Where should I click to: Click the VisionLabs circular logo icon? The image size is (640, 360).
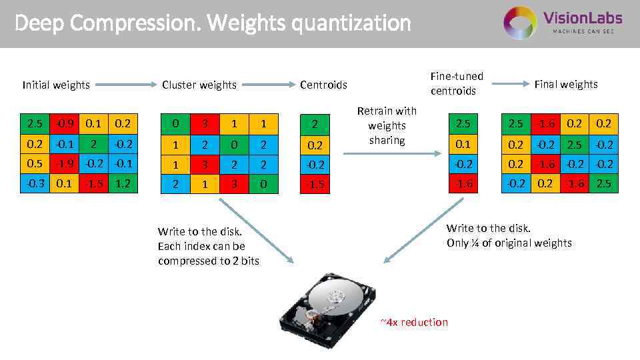click(x=520, y=23)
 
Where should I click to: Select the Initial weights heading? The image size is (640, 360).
click(x=56, y=85)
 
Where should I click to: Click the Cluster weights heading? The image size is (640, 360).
click(x=199, y=85)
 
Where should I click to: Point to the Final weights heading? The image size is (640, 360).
click(x=566, y=84)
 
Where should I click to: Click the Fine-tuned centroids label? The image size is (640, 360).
click(x=457, y=83)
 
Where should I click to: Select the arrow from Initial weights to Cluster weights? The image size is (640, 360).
click(x=126, y=85)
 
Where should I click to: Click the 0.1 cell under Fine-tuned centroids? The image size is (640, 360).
click(x=463, y=144)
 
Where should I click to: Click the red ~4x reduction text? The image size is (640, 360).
click(x=414, y=323)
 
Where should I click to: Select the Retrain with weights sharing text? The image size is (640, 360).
click(x=387, y=125)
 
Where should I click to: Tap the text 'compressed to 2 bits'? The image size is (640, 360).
click(x=209, y=261)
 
